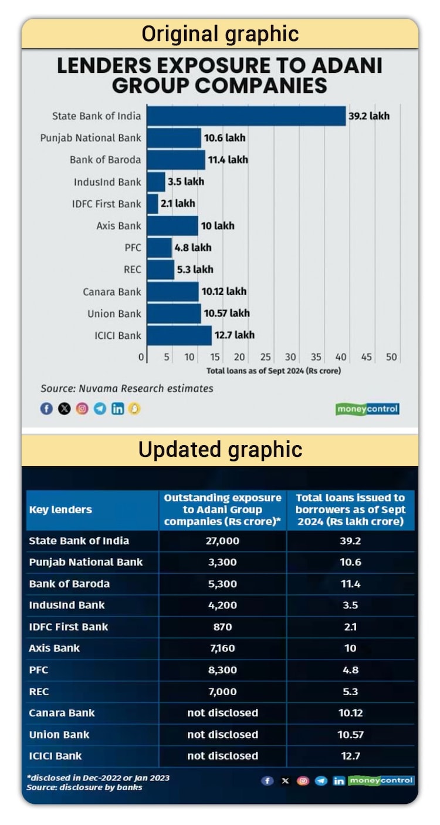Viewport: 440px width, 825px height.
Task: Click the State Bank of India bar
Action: [x=246, y=116]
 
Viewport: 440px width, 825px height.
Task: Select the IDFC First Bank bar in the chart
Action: [x=153, y=204]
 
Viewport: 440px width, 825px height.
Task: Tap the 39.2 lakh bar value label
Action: [x=368, y=116]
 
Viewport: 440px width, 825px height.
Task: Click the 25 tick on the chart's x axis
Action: [x=265, y=357]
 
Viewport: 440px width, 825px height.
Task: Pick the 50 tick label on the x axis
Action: [x=391, y=357]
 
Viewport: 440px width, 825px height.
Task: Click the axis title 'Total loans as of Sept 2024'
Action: [x=273, y=371]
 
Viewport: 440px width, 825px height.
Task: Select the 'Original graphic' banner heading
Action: [x=220, y=34]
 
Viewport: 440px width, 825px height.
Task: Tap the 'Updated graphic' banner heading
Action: [x=220, y=450]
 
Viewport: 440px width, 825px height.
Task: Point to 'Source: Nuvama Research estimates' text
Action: [x=127, y=388]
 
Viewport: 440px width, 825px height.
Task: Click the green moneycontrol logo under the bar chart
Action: [x=367, y=409]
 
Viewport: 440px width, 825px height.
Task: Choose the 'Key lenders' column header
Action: [x=60, y=510]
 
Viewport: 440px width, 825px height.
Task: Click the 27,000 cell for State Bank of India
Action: [x=222, y=541]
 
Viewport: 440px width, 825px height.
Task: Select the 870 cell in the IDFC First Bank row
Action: [x=222, y=627]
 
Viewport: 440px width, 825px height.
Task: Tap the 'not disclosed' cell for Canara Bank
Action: [x=222, y=713]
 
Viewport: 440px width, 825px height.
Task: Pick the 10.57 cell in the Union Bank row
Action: [x=350, y=735]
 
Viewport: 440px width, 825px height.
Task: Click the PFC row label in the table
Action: [x=39, y=670]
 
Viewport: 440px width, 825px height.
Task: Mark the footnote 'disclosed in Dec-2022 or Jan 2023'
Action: [x=99, y=777]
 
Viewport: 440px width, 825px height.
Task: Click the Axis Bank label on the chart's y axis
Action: [x=119, y=225]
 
